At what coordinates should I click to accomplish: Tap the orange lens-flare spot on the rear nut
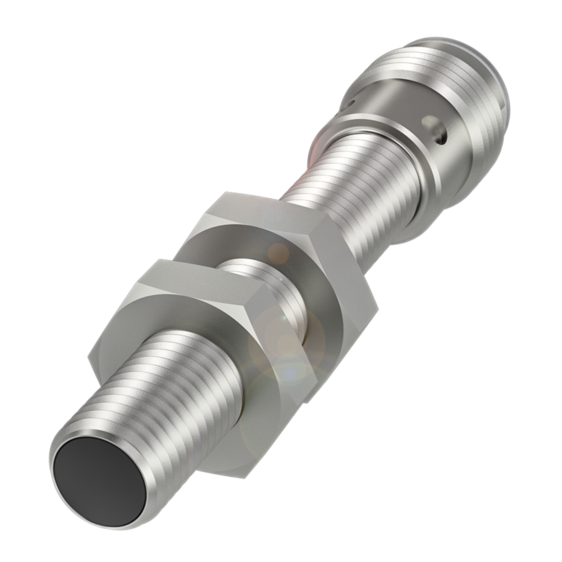pos(278,252)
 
